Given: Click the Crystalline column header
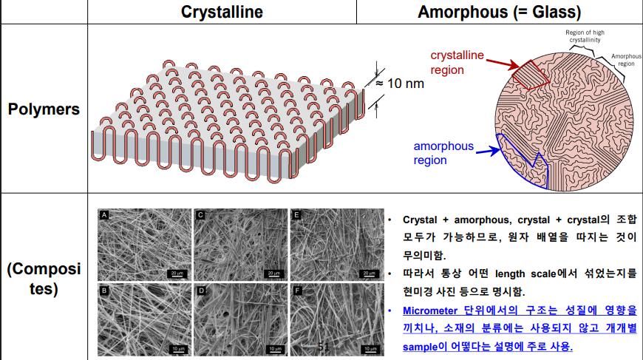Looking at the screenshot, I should [x=222, y=12].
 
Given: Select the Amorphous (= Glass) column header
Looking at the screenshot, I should [x=499, y=12].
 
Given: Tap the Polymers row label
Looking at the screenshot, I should [x=44, y=109].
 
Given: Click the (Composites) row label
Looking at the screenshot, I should [x=44, y=278].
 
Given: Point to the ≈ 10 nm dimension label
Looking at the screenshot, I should [x=400, y=83].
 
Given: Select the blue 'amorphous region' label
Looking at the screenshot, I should [x=443, y=153].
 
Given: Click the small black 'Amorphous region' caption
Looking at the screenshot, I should [x=625, y=60].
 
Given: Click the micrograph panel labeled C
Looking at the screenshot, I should [x=239, y=245].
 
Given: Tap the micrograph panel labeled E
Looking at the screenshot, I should [x=335, y=245].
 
